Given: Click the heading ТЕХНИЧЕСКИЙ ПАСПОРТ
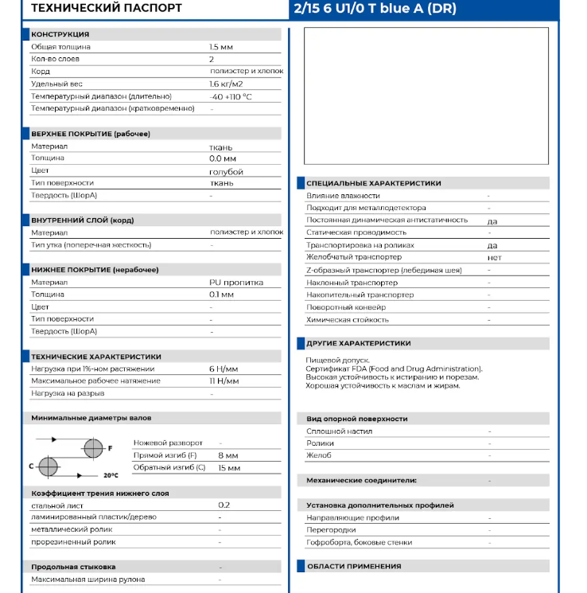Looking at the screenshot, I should click(106, 9).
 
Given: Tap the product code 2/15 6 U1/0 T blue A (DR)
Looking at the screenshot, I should click(375, 9).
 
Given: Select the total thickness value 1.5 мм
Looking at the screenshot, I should click(221, 47).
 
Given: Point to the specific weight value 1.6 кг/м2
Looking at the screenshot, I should click(226, 84).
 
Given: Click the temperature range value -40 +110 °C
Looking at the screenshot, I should click(231, 96).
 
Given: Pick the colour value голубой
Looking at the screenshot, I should click(226, 171).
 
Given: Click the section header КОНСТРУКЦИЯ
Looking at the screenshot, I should click(60, 35).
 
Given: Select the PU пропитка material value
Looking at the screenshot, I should click(236, 283).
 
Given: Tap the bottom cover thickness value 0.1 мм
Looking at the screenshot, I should click(221, 295).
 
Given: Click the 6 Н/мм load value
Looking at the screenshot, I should click(224, 369).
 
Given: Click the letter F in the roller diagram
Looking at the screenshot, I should click(110, 449).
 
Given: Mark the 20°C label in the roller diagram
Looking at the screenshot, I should click(111, 475).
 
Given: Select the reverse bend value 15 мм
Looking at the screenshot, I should click(229, 468).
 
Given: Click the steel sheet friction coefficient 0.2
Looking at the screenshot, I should click(224, 505).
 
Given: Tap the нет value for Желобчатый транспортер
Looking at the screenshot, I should click(494, 258).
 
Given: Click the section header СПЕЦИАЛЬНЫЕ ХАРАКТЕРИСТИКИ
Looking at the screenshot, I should click(374, 184).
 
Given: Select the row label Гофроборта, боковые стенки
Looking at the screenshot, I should click(359, 543).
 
